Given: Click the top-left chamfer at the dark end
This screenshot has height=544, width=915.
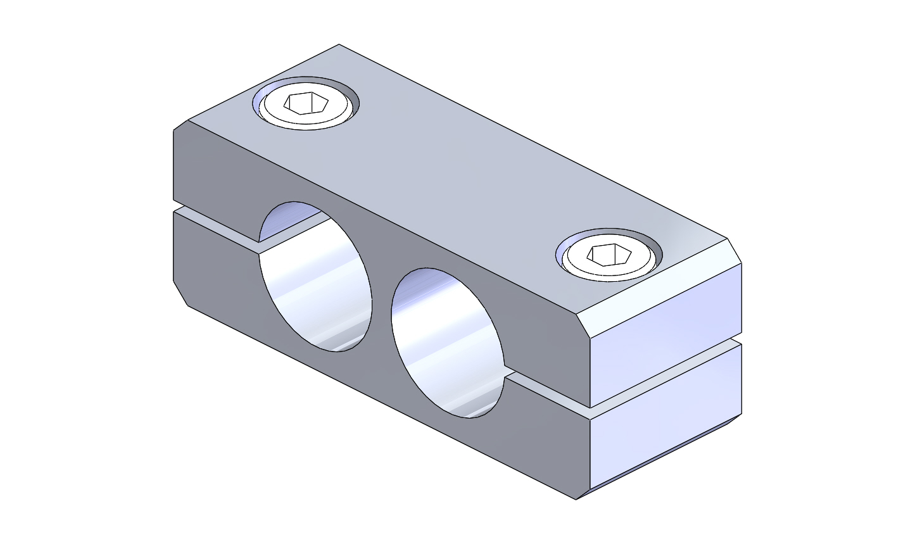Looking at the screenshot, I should [x=181, y=125].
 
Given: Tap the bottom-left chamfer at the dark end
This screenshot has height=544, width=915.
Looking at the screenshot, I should [x=180, y=293].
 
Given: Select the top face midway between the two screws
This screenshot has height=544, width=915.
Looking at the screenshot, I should [x=456, y=177].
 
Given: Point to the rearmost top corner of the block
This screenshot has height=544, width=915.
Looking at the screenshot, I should [x=339, y=45].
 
